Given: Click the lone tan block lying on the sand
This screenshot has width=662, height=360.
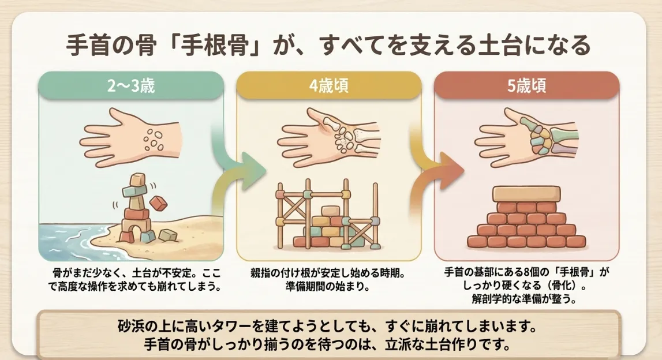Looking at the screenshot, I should (x=167, y=235).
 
